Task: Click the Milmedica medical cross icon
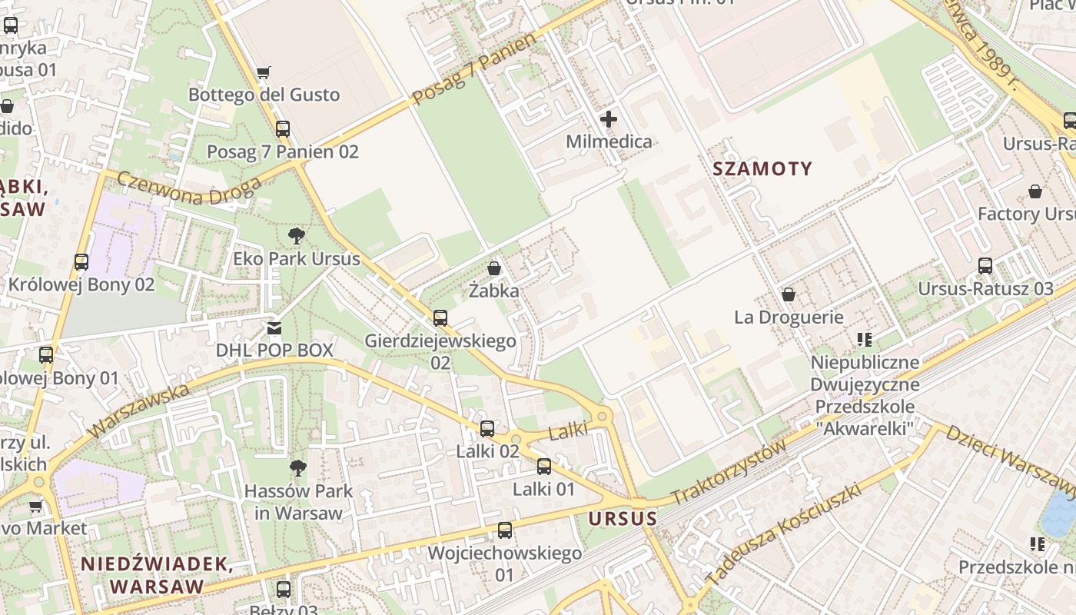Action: pos(609,119)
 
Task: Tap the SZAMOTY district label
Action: pos(762,169)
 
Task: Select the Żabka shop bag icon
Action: pos(494,268)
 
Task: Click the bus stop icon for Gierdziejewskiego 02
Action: pos(440,317)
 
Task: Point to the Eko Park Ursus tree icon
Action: pos(297,236)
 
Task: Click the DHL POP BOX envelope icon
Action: pos(274,328)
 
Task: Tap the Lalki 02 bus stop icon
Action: pos(487,429)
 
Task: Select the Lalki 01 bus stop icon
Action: pos(544,466)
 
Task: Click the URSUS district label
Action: pos(623,519)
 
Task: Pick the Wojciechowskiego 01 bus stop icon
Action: pos(504,530)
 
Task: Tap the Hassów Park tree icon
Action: pos(297,468)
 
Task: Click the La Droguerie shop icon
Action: pos(789,294)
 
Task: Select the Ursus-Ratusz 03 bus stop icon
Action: pos(985,266)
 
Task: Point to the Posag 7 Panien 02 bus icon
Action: pos(283,128)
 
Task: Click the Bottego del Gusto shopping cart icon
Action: pos(264,73)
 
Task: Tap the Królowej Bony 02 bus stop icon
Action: pos(81,261)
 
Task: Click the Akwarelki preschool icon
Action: pos(865,339)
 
